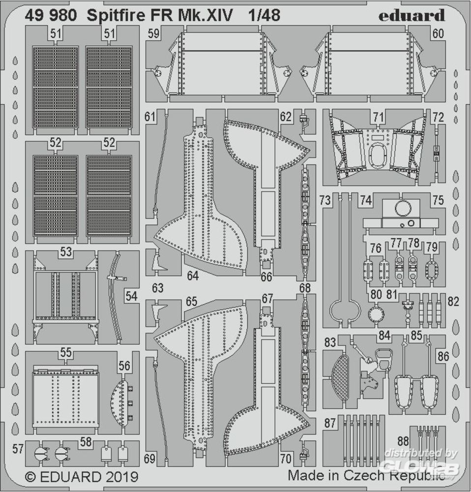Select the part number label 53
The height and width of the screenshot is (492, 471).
coord(66,252)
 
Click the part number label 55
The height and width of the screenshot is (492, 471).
coord(66,353)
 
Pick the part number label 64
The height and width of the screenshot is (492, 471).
coord(192,276)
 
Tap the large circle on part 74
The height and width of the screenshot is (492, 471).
coord(402,209)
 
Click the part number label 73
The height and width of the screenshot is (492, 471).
coord(324,200)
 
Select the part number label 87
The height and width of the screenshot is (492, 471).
coord(330,423)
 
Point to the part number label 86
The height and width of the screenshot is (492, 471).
coord(443,356)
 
